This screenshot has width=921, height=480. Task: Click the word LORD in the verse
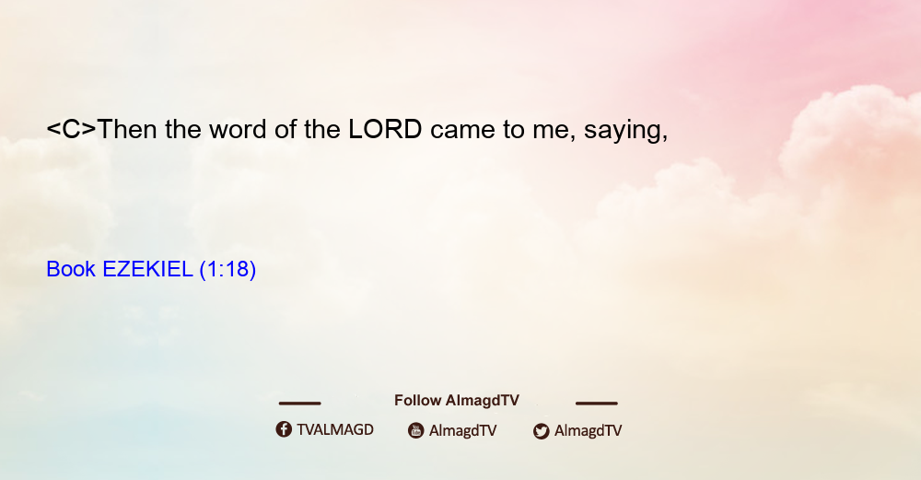[x=385, y=129]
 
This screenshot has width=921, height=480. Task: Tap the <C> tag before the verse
[x=71, y=129]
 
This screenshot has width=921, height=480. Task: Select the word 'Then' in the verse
[x=127, y=129]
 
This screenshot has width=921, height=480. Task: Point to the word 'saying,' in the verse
[x=626, y=131]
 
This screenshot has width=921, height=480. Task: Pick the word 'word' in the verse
[x=238, y=129]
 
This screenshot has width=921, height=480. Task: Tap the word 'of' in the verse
[x=286, y=129]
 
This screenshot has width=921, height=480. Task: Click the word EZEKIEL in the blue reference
[x=147, y=269]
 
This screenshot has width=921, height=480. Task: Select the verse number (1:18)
[x=227, y=270]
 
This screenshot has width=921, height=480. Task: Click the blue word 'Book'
[x=71, y=269]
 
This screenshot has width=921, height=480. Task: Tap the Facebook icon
[x=284, y=429]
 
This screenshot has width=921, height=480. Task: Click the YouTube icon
[x=416, y=430]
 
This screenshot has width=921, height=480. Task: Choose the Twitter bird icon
[x=541, y=431]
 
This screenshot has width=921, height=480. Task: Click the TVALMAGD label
[x=335, y=429]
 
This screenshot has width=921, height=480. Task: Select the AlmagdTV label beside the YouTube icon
[x=463, y=430]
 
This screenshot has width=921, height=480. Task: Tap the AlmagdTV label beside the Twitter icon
[x=588, y=430]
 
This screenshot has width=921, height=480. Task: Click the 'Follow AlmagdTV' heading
[x=457, y=400]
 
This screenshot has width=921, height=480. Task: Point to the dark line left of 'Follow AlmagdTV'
[x=299, y=403]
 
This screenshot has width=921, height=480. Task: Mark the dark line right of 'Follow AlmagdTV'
[x=597, y=403]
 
